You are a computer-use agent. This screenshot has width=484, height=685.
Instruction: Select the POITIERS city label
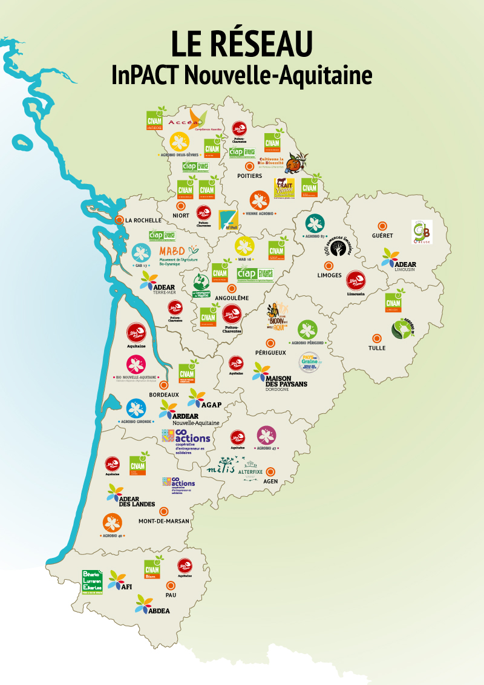pyautogui.click(x=249, y=176)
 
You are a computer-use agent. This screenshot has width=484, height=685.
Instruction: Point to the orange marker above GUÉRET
pyautogui.click(x=382, y=225)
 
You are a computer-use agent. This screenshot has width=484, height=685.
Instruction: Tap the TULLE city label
pyautogui.click(x=377, y=348)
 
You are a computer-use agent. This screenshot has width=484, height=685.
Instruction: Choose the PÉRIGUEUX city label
pyautogui.click(x=270, y=353)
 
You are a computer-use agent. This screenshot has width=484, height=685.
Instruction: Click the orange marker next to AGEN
pyautogui.click(x=270, y=471)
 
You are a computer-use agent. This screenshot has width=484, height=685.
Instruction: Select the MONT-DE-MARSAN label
pyautogui.click(x=164, y=521)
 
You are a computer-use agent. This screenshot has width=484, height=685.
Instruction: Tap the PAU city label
pyautogui.click(x=170, y=595)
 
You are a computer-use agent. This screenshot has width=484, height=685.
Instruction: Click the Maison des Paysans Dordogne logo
pyautogui.click(x=280, y=377)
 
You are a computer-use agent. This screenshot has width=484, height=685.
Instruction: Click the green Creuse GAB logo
pyautogui.click(x=421, y=232)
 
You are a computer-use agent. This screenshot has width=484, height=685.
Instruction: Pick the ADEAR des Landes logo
pyautogui.click(x=129, y=497)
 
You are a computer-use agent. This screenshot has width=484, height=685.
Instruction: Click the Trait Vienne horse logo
pyautogui.click(x=284, y=188)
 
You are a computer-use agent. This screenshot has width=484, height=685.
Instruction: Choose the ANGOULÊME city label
pyautogui.click(x=231, y=298)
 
